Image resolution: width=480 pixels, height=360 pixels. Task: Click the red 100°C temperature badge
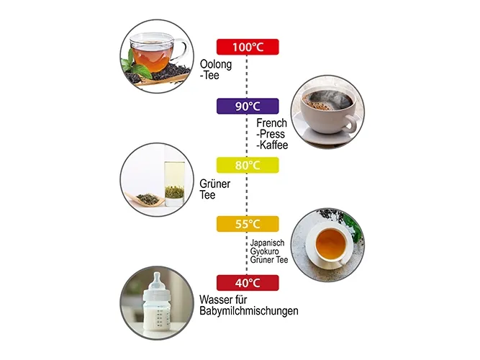248,47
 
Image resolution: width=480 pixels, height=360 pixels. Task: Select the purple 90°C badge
248,106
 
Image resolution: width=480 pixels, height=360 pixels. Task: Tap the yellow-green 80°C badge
248,165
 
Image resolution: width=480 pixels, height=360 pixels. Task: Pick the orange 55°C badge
248,224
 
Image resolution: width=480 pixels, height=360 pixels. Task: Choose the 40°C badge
248,283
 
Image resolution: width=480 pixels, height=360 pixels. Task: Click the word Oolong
216,65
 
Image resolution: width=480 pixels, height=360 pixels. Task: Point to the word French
271,123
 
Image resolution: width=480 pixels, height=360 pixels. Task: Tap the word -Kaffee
272,145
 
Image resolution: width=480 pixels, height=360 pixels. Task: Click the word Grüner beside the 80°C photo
215,184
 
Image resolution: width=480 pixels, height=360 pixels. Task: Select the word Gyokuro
265,251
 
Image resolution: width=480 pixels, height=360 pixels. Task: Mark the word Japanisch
267,243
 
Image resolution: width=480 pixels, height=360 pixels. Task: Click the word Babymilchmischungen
249,311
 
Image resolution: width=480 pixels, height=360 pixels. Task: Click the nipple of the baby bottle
157,279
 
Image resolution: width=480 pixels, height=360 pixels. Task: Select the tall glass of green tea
174,184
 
